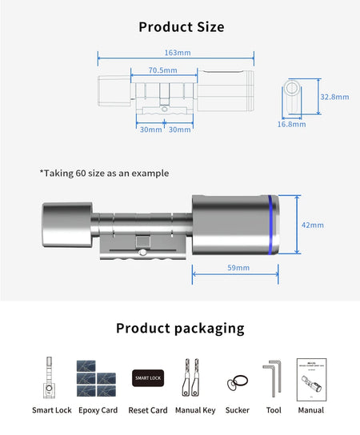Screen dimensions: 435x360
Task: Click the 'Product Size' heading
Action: coord(181,27)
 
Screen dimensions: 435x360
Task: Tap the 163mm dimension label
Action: coord(176,53)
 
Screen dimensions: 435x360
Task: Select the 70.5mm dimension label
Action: coord(163,70)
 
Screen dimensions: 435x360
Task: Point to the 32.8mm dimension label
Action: coord(334,97)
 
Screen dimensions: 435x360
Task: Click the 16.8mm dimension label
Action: coord(291,124)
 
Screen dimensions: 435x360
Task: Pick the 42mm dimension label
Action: coord(312,225)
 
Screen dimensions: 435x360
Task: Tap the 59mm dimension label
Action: coord(238,267)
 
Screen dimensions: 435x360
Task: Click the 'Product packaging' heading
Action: coord(180,328)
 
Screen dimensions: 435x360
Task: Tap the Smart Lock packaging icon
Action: coord(51,377)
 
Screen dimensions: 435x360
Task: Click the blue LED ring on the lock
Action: coord(274,225)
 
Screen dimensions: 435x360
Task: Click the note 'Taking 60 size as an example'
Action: coord(104,173)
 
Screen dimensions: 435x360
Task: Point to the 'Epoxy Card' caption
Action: coord(98,410)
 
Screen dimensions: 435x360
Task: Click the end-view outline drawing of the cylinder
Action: coord(293,98)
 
